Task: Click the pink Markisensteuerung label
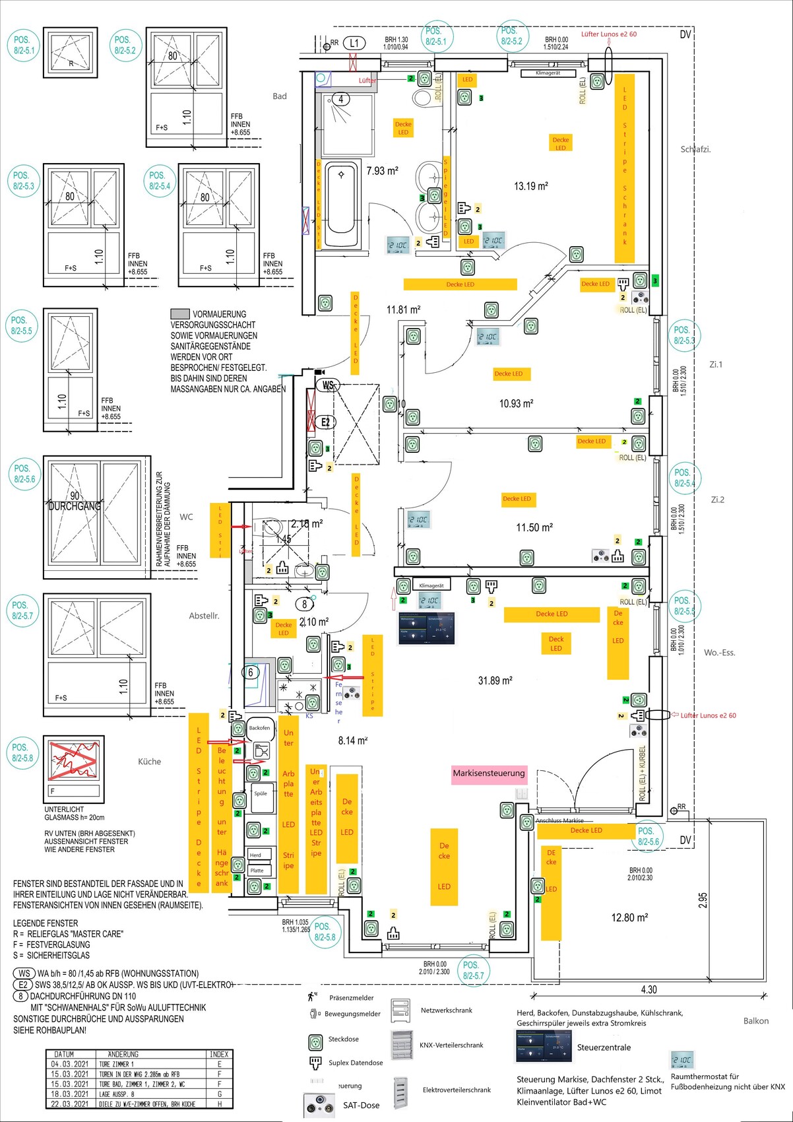(x=489, y=774)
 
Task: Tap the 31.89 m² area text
(x=495, y=680)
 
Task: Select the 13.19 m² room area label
(x=531, y=186)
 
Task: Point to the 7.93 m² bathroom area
(x=382, y=171)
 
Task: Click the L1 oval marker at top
(x=354, y=43)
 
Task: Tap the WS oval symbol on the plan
(x=328, y=385)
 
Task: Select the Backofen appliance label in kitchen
(x=259, y=728)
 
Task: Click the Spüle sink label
(x=261, y=793)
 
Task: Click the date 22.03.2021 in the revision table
(x=69, y=1104)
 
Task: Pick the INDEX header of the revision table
(x=219, y=1054)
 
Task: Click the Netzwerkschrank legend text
(x=447, y=1010)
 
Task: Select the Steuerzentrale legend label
(x=604, y=1047)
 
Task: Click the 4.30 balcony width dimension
(x=649, y=989)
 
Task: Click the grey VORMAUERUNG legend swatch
(x=179, y=314)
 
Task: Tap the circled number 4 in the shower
(x=341, y=100)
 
